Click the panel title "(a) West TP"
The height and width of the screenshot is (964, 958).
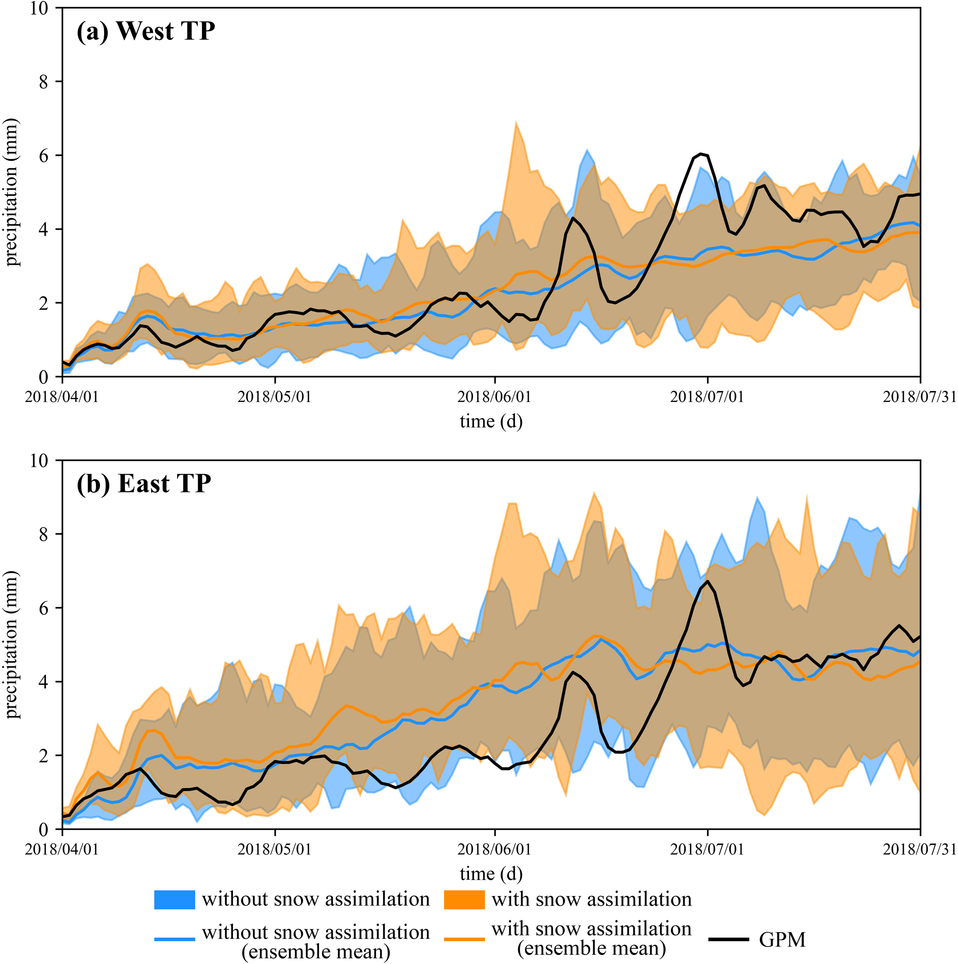tap(145, 31)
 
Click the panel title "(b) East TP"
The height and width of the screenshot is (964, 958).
tap(144, 484)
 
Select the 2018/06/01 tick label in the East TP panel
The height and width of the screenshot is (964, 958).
tap(494, 849)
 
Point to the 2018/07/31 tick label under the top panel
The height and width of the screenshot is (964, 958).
tap(919, 397)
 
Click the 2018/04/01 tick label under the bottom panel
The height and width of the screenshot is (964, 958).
tap(62, 849)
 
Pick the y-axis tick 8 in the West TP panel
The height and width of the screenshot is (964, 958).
tap(43, 81)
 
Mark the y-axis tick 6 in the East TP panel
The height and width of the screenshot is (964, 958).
tap(43, 608)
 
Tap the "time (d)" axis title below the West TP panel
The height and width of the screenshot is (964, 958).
tap(491, 421)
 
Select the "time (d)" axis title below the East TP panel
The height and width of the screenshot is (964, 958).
tap(491, 873)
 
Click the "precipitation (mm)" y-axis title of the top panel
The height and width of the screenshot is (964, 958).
tap(11, 192)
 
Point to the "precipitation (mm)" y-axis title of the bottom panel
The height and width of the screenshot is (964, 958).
tap(11, 644)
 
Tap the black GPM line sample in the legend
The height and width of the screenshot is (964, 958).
tap(728, 940)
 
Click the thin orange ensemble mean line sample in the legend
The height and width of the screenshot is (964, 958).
tap(464, 940)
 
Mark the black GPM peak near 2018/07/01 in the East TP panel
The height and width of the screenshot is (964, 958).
tap(707, 581)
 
